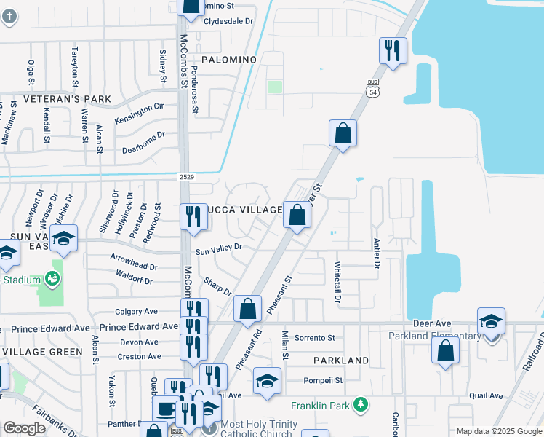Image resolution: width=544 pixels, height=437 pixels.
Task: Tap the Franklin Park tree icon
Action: click(359, 404)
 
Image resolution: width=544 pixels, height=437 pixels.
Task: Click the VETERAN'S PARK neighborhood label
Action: click(66, 99)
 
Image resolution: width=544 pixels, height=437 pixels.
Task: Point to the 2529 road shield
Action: click(185, 176)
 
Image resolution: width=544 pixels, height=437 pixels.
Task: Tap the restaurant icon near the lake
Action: click(393, 51)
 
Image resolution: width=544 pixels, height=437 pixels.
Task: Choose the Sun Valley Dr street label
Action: click(218, 249)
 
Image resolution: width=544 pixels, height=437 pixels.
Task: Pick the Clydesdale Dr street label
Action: click(228, 21)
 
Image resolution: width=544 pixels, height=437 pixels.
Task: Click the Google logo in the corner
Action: click(24, 428)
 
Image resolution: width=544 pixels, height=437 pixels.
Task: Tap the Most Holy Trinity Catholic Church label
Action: click(259, 429)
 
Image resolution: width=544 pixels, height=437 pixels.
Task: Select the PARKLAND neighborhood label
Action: click(341, 361)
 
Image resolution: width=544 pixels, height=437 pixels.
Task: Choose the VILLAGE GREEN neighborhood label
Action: click(42, 352)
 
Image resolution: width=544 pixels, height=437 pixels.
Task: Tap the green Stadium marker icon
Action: click(52, 278)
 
